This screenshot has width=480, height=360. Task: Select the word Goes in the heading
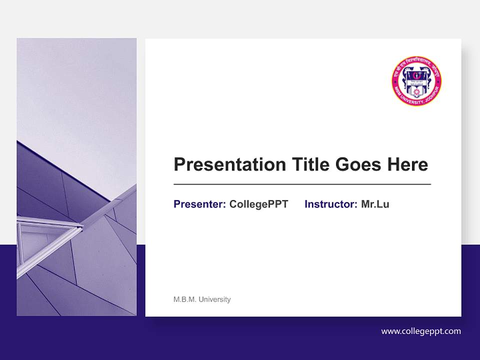click(358, 164)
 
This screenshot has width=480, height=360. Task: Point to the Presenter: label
click(199, 204)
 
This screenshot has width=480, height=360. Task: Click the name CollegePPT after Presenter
click(258, 204)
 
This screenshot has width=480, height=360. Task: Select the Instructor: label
click(330, 204)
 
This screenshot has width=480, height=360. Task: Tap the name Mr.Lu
click(375, 204)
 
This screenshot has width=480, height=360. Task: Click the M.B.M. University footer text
click(202, 299)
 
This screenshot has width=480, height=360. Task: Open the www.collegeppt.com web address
click(420, 331)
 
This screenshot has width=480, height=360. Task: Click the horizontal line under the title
click(302, 184)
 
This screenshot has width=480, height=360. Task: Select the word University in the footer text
click(214, 299)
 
